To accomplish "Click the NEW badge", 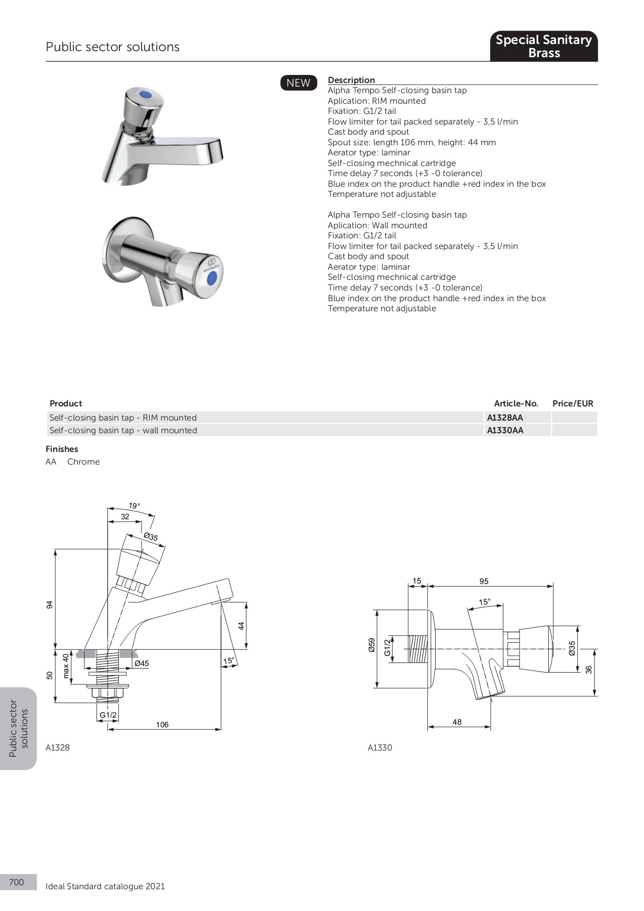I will pyautogui.click(x=298, y=83).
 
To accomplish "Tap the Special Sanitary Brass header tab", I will pyautogui.click(x=543, y=46).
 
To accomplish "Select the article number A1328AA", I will pyautogui.click(x=505, y=418).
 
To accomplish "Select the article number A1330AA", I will pyautogui.click(x=505, y=430).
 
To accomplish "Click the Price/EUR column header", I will pyautogui.click(x=573, y=403).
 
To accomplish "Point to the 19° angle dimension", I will pyautogui.click(x=134, y=506).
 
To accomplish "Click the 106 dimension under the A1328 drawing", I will pyautogui.click(x=162, y=725).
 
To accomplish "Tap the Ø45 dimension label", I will pyautogui.click(x=142, y=663).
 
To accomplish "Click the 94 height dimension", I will pyautogui.click(x=50, y=604).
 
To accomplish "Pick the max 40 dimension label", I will pyautogui.click(x=66, y=666).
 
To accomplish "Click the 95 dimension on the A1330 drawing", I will pyautogui.click(x=484, y=582).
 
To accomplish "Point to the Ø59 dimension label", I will pyautogui.click(x=372, y=645).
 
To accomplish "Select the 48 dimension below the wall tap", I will pyautogui.click(x=457, y=722).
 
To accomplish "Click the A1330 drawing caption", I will pyautogui.click(x=379, y=748).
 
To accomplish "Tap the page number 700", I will pyautogui.click(x=17, y=882).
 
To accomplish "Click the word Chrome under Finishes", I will pyautogui.click(x=83, y=462).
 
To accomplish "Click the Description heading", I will pyautogui.click(x=351, y=80).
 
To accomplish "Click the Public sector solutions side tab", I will pyautogui.click(x=19, y=728).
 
